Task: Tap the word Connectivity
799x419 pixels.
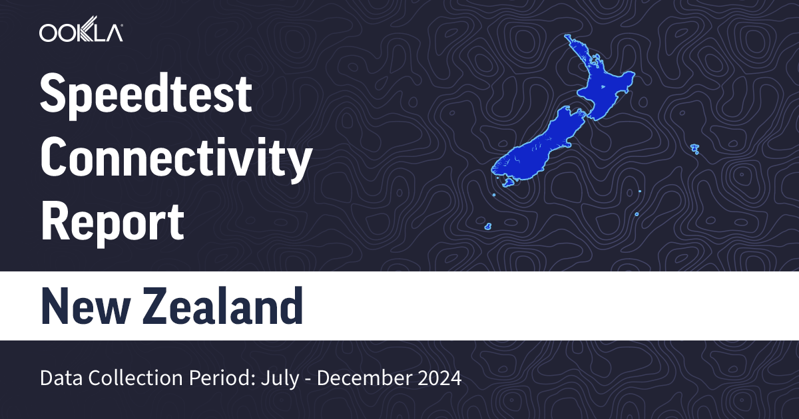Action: tap(176, 160)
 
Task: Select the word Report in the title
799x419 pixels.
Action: tap(112, 223)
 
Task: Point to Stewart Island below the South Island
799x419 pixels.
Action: tap(509, 182)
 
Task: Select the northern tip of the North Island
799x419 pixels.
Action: tap(568, 37)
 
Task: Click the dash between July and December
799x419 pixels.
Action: tap(306, 379)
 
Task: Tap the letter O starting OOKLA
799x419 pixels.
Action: tap(48, 33)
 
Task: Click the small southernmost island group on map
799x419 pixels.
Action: tap(488, 227)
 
